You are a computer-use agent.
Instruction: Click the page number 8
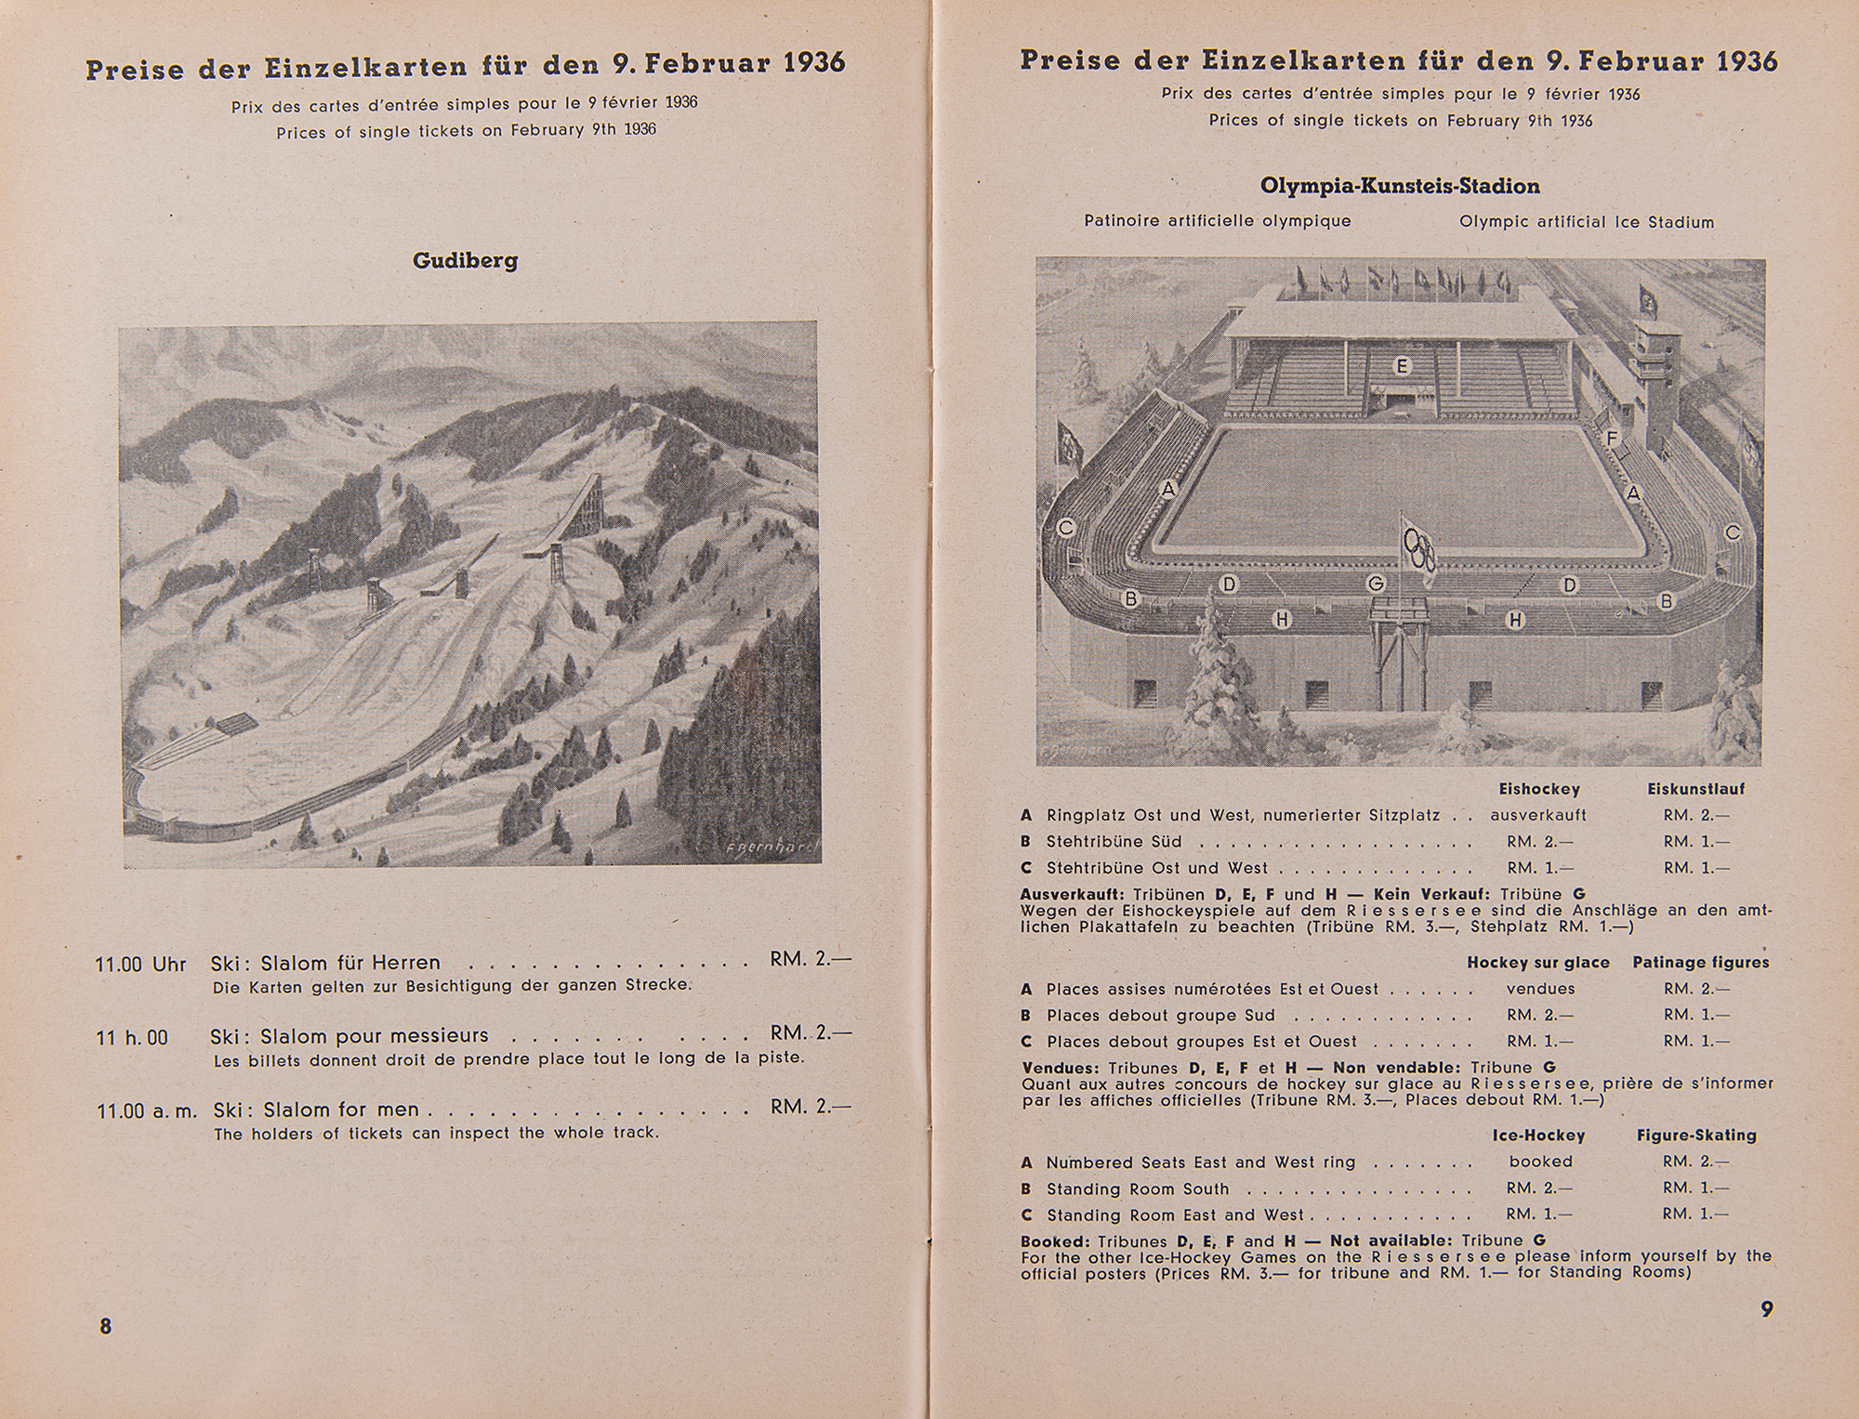pos(105,1326)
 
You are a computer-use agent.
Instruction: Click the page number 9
pos(1766,1309)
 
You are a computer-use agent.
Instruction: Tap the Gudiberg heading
pos(465,260)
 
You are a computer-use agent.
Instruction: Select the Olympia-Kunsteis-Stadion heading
pos(1399,186)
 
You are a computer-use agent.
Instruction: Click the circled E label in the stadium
pos(1402,366)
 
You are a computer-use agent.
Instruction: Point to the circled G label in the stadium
pos(1376,584)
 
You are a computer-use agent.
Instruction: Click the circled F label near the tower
pos(1612,438)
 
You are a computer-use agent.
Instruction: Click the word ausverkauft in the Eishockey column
pos(1538,815)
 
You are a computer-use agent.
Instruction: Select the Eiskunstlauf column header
pos(1695,789)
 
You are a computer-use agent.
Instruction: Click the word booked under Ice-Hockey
pos(1540,1162)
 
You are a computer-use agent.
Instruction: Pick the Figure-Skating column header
pos(1696,1136)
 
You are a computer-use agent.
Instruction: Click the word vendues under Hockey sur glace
pos(1540,989)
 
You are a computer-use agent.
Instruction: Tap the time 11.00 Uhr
pos(140,964)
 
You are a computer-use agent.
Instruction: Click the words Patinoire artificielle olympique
pos(1217,221)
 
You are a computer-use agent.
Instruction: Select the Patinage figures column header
pos(1700,963)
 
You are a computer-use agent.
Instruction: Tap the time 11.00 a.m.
pos(147,1110)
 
